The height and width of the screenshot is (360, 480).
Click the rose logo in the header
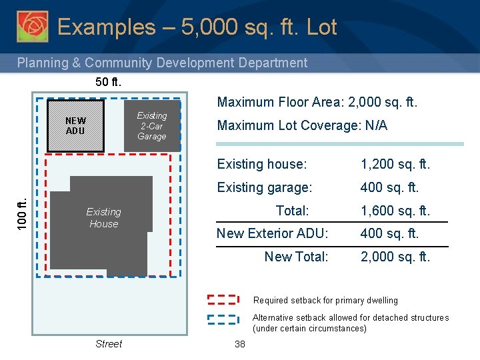(32, 27)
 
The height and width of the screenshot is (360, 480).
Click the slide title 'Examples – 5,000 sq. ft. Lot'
(197, 27)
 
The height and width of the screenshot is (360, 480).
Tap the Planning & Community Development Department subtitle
(162, 63)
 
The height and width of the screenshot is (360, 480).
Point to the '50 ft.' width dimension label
(108, 82)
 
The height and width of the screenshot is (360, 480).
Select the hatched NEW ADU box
(75, 126)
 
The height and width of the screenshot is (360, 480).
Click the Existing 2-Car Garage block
(152, 126)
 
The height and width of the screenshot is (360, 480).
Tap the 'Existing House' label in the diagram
(103, 218)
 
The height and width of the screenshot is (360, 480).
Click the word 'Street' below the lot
(109, 344)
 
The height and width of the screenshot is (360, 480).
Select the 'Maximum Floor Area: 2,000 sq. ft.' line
(317, 103)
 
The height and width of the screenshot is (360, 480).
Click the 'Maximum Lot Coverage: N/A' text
(302, 125)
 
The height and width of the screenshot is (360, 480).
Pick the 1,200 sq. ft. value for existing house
(395, 164)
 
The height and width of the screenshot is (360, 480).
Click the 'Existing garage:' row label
(265, 187)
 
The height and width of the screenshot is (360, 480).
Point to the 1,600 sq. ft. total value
(395, 211)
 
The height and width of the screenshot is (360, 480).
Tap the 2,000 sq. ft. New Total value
(395, 257)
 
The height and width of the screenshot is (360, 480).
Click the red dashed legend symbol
(223, 300)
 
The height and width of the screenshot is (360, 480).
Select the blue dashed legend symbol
(223, 319)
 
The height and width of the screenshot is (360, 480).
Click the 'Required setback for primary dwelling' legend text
(325, 301)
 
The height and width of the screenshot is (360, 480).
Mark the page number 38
(240, 344)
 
